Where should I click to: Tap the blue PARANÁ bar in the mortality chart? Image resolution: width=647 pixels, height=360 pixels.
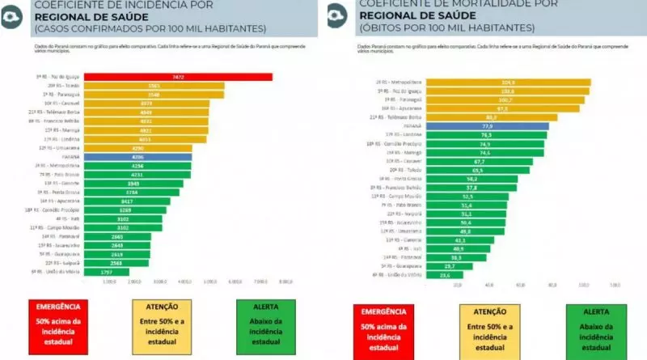pyautogui.click(x=487, y=126)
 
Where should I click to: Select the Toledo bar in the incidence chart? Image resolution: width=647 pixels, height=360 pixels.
pyautogui.click(x=154, y=86)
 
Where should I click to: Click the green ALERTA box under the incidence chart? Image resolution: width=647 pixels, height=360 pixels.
pyautogui.click(x=268, y=328)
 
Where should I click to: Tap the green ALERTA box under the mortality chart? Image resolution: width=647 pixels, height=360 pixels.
pyautogui.click(x=594, y=328)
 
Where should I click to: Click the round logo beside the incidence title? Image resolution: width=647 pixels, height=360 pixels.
pyautogui.click(x=14, y=19)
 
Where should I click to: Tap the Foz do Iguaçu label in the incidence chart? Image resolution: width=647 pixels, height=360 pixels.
pyautogui.click(x=63, y=77)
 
